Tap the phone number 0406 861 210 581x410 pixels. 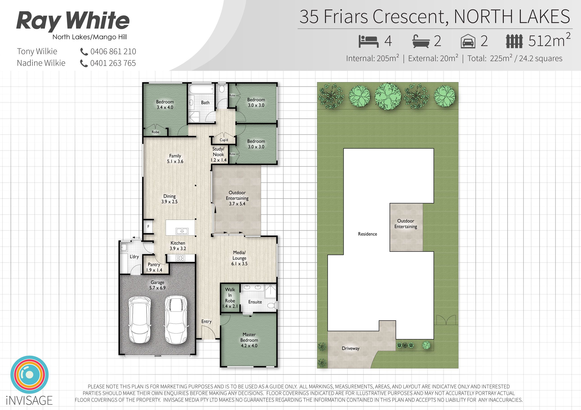pyautogui.click(x=113, y=52)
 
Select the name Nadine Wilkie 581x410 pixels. pyautogui.click(x=41, y=63)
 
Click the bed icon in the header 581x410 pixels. pyautogui.click(x=368, y=41)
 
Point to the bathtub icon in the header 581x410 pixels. pyautogui.click(x=421, y=41)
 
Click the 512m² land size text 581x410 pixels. pyautogui.click(x=549, y=40)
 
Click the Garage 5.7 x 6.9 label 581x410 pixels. pyautogui.click(x=157, y=285)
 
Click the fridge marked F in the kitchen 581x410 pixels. pyautogui.click(x=148, y=226)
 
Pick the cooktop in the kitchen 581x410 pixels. pyautogui.click(x=180, y=258)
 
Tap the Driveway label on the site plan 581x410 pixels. pyautogui.click(x=351, y=348)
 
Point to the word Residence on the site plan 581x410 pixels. pyautogui.click(x=367, y=234)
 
